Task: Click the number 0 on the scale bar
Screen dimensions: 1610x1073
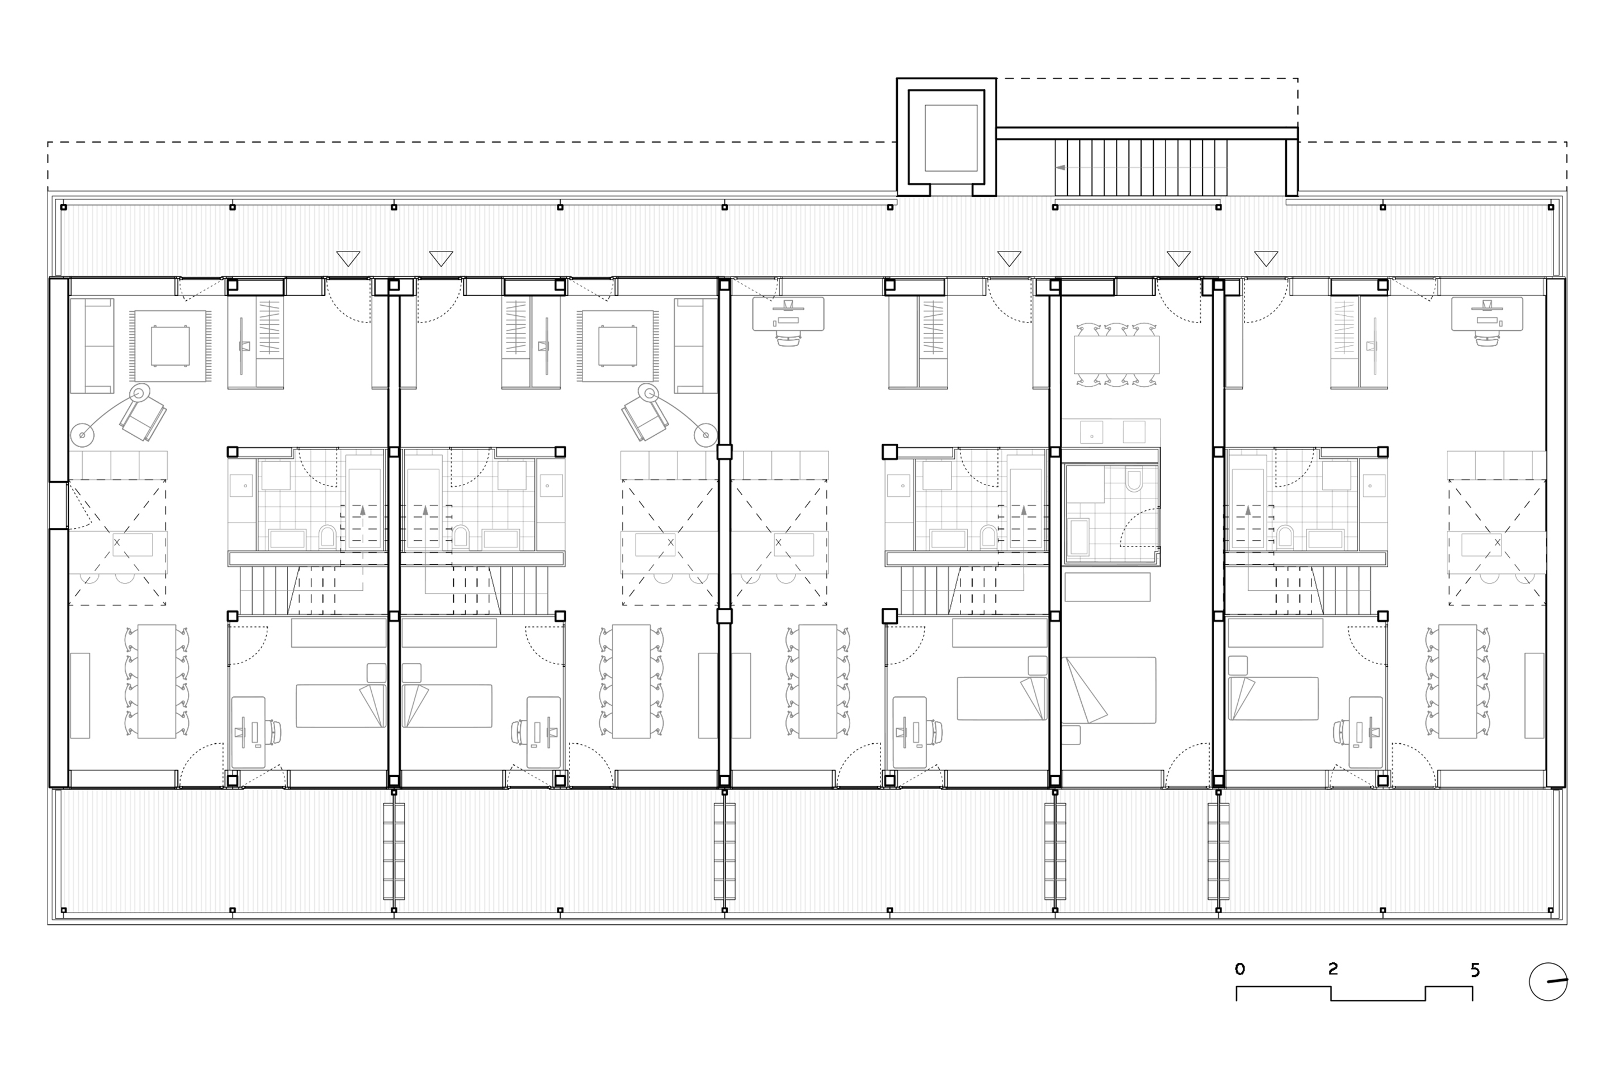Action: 1240,969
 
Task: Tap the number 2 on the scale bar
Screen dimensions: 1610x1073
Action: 1332,968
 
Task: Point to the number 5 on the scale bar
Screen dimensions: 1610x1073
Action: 1475,970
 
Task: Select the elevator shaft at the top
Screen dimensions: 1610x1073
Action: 946,137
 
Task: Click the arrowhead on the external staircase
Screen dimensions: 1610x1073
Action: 1060,167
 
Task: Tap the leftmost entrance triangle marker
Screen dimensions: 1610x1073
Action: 348,259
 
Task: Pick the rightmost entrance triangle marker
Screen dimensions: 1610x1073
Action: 1266,259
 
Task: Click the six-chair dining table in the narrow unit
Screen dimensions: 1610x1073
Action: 1116,354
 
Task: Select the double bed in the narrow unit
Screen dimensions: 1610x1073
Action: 1109,690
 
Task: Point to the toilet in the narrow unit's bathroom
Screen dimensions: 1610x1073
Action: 1134,479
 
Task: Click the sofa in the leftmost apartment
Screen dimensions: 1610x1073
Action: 92,345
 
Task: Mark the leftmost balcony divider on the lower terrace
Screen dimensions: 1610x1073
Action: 394,851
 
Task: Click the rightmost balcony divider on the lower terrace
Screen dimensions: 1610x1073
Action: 1219,851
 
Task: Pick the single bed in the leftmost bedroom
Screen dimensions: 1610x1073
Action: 341,705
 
